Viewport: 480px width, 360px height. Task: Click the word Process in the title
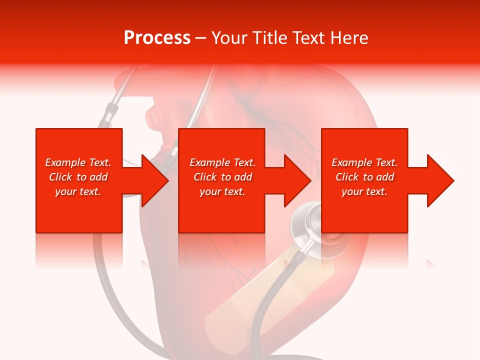pyautogui.click(x=157, y=38)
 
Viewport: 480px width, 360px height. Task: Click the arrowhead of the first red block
pyautogui.click(x=154, y=180)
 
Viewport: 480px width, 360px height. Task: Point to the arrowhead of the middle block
pyautogui.click(x=297, y=180)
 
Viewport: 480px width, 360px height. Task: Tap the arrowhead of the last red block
pyautogui.click(x=440, y=180)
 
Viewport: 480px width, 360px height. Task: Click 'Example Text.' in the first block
pyautogui.click(x=78, y=162)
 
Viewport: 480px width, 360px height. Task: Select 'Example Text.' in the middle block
pyautogui.click(x=222, y=162)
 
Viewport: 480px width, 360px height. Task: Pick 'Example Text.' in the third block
pyautogui.click(x=364, y=162)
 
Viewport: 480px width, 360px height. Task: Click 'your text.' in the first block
pyautogui.click(x=78, y=191)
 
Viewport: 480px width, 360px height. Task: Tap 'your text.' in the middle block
pyautogui.click(x=222, y=191)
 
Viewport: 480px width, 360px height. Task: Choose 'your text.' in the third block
pyautogui.click(x=364, y=191)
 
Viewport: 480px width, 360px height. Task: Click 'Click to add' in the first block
pyautogui.click(x=78, y=177)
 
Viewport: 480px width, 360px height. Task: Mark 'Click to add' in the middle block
pyautogui.click(x=222, y=177)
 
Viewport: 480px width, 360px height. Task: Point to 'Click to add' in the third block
pyautogui.click(x=364, y=177)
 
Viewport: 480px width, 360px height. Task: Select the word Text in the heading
pyautogui.click(x=307, y=38)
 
